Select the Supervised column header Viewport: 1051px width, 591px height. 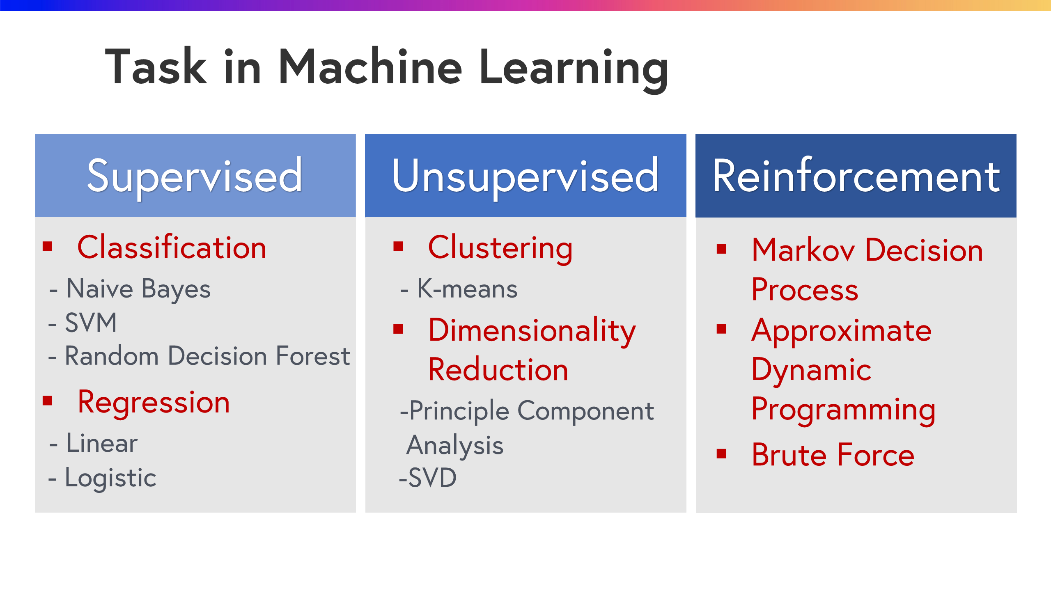coord(195,176)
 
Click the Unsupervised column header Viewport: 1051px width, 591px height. coord(525,176)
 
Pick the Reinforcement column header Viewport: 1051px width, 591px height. coord(856,176)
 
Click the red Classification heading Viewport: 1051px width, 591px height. coord(172,248)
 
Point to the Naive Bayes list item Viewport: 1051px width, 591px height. coord(138,289)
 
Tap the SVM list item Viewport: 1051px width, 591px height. coord(91,323)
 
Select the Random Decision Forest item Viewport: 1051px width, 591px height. coord(207,356)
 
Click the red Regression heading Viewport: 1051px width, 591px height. coord(154,403)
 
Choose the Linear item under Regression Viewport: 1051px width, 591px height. coord(102,444)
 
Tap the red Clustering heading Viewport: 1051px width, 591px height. coord(500,248)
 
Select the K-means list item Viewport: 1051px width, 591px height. coord(467,289)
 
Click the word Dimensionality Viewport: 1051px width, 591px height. coord(532,331)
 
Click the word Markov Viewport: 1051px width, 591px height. coord(803,250)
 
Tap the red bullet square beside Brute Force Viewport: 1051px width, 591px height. coord(721,454)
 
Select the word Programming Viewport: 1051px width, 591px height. coord(843,410)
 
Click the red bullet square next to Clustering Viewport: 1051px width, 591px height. coord(398,246)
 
